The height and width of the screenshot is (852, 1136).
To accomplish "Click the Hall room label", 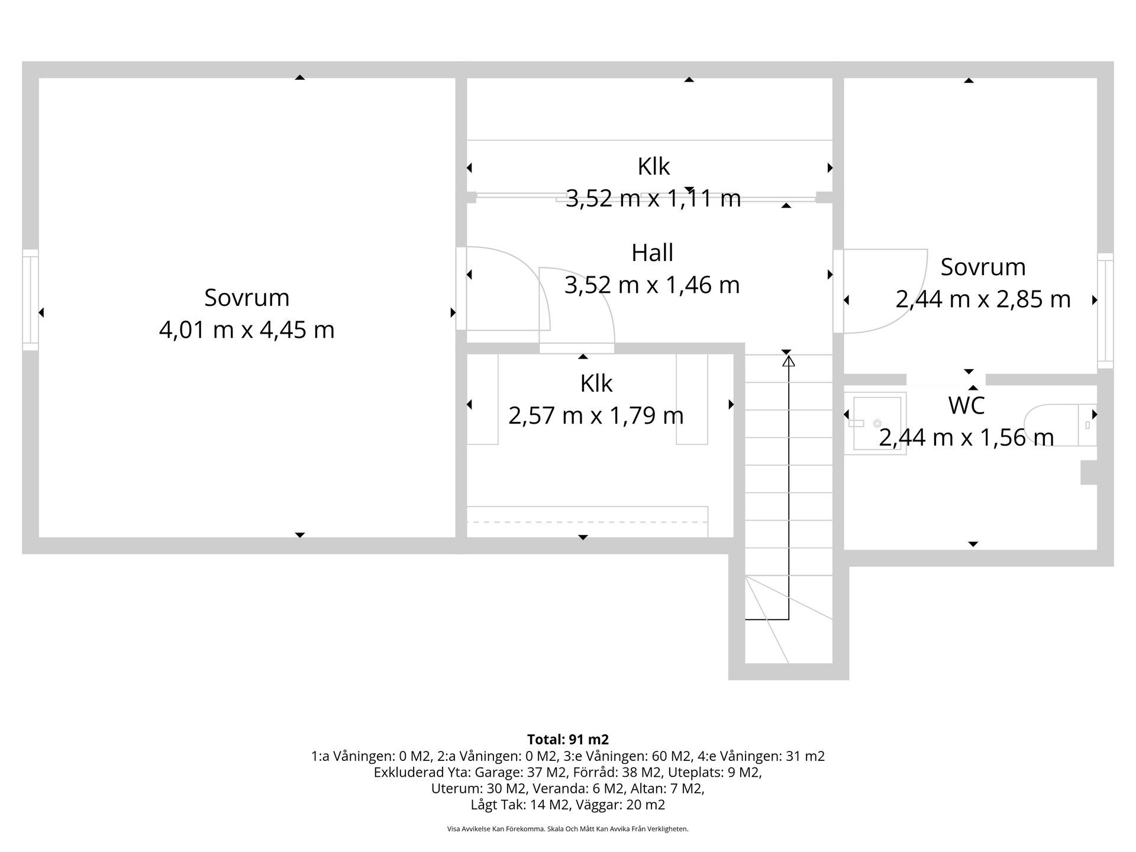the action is point(652,253).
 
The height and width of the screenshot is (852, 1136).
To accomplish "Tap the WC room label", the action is point(966,406).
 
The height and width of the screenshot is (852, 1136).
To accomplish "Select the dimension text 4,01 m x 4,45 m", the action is point(247,330).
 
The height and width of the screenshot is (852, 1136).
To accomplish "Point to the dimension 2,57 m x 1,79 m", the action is point(596,415).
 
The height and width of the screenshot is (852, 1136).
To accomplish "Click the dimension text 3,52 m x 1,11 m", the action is point(653,198).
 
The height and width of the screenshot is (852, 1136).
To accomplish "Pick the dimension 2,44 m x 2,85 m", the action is point(983,299).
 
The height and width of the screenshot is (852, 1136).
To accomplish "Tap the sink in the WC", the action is point(875,423).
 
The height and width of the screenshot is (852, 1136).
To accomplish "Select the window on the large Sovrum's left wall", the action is point(30,300).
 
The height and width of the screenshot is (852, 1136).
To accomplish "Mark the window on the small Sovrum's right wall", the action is point(1105,311).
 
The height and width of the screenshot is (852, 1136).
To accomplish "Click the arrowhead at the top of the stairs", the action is point(789,361).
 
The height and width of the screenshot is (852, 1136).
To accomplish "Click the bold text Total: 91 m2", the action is point(568,740).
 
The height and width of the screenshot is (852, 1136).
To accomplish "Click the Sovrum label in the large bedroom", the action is point(247,298).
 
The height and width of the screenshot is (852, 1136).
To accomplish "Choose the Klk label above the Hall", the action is point(653,167).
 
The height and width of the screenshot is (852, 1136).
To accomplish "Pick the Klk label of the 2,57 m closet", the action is point(596,384).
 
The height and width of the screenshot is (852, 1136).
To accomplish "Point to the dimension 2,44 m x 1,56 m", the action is point(966,438).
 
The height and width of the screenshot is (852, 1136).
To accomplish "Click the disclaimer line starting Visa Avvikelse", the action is point(568,829).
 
